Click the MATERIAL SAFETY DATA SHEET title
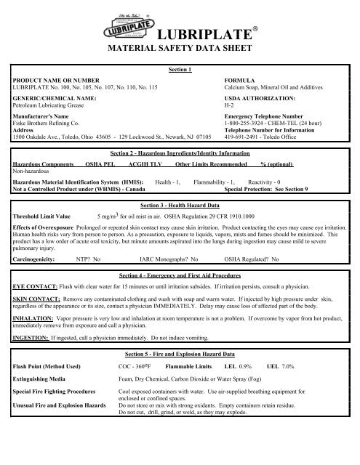(179, 51)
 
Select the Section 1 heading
(179, 70)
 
